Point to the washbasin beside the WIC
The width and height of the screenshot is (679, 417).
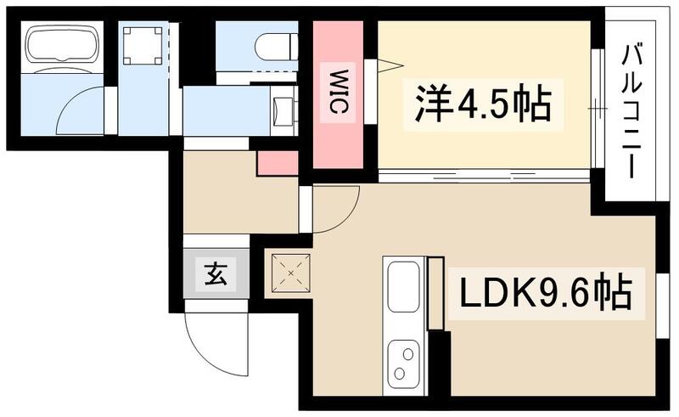[284, 110]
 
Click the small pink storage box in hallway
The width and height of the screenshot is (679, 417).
[277, 163]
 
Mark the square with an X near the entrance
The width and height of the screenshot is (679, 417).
[291, 273]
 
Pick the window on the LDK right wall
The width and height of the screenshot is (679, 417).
[663, 306]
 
